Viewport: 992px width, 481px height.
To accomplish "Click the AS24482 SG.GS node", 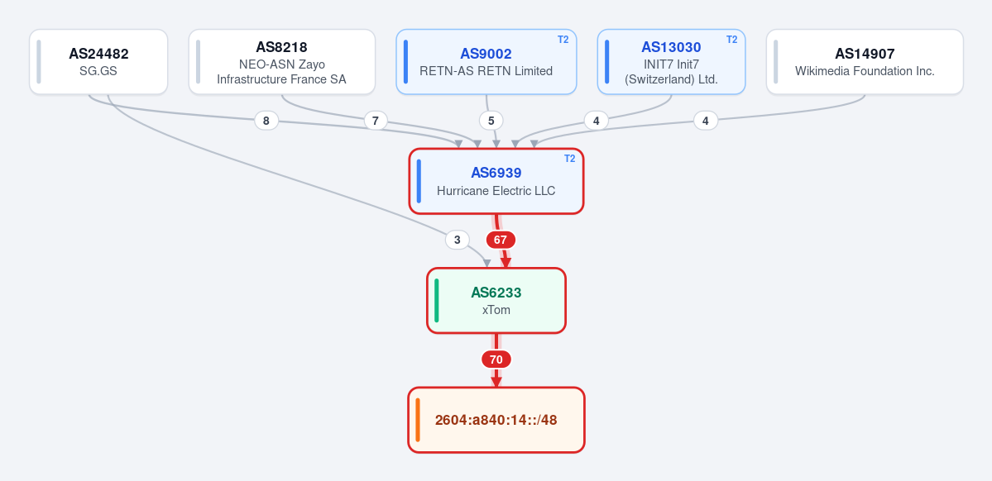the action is click(98, 62).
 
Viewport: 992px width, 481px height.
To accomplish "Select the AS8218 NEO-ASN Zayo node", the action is click(282, 62).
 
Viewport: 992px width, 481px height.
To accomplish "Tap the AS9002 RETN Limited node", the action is click(486, 62).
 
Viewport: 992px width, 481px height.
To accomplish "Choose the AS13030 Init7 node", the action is click(671, 62).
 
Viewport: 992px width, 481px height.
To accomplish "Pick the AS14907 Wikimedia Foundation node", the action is click(865, 62).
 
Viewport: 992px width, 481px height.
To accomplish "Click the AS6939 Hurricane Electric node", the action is click(496, 181).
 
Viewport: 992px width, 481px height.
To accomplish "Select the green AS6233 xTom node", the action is click(496, 300).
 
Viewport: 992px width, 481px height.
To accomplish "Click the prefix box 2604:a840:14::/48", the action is click(496, 420).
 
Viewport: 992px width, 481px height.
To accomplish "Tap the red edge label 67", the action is click(501, 240).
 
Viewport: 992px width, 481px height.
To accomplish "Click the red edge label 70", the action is click(496, 360).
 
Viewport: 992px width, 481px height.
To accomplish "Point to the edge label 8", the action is click(266, 121).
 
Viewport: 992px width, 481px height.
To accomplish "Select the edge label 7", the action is click(375, 121).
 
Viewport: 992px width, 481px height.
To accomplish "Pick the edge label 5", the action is click(491, 120).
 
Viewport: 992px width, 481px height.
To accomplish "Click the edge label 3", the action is click(458, 240).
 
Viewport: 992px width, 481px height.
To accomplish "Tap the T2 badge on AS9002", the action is click(563, 39).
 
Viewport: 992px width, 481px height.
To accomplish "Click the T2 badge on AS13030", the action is click(732, 39).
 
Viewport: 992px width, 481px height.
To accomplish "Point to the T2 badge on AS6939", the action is click(570, 159).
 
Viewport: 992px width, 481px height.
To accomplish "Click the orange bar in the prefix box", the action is click(418, 420).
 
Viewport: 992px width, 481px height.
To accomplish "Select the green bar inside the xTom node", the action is click(437, 300).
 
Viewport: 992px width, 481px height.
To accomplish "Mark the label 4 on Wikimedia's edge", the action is click(706, 120).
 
